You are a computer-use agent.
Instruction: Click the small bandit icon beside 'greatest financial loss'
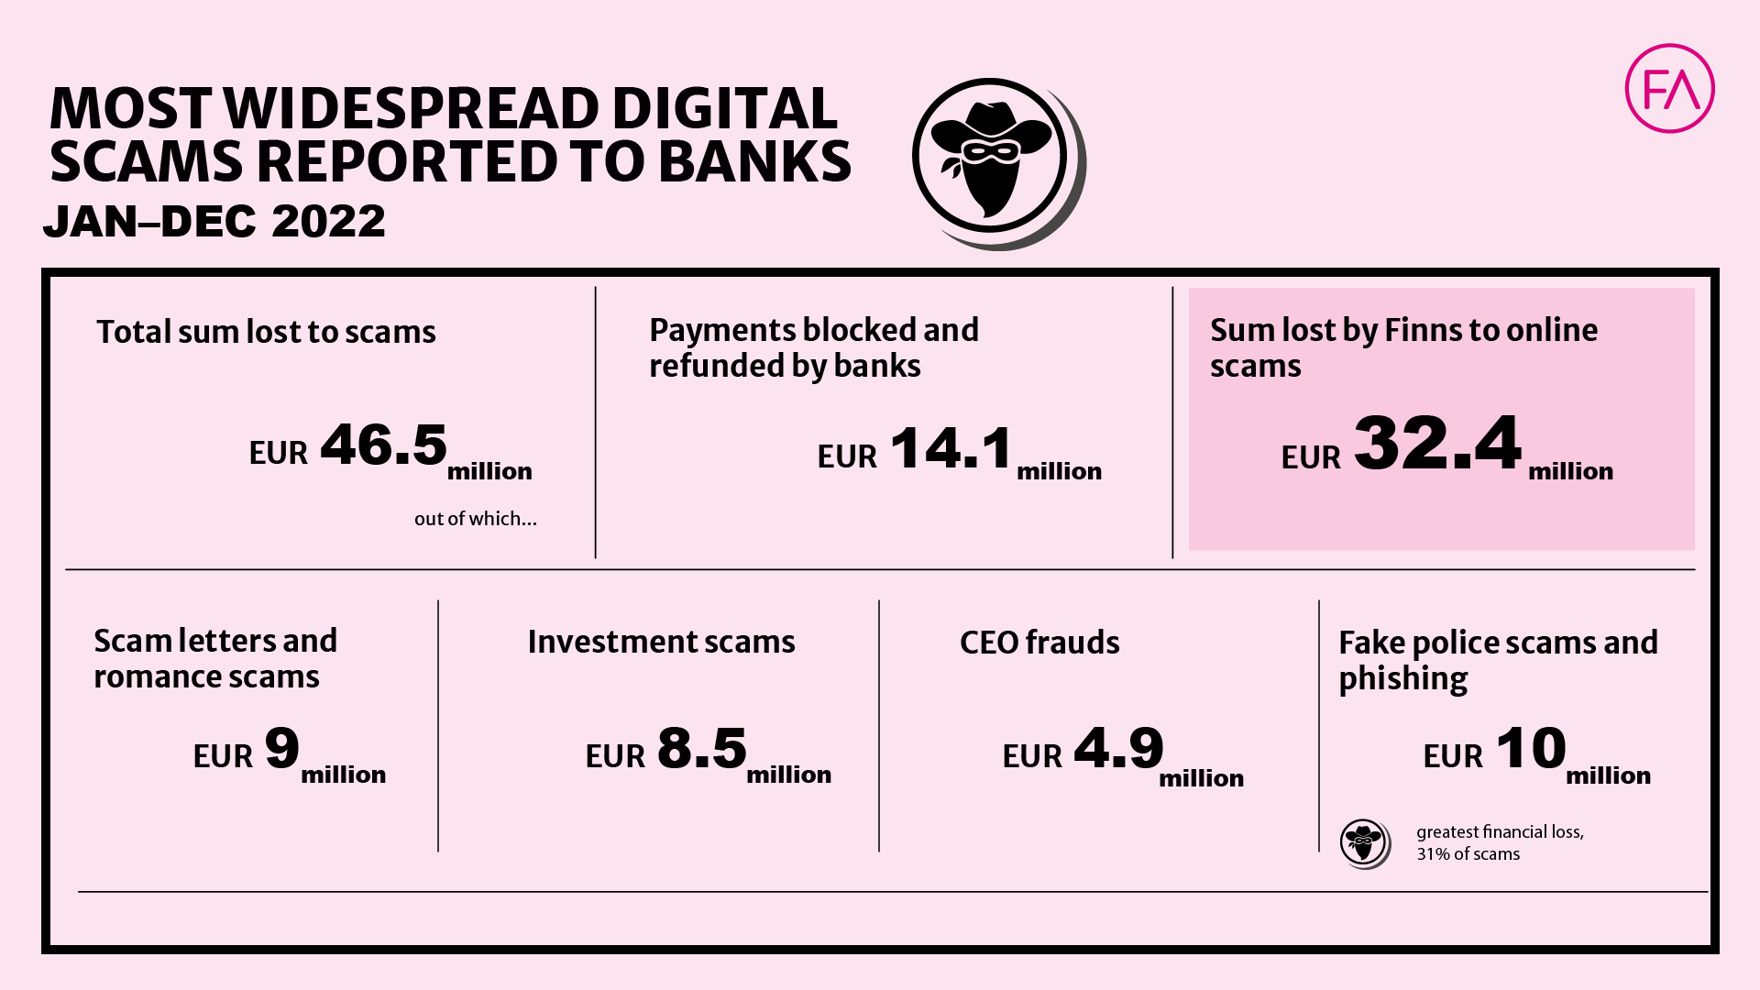pyautogui.click(x=1365, y=843)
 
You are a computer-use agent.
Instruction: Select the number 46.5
pyautogui.click(x=383, y=445)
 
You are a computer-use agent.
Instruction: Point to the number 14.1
pyautogui.click(x=951, y=448)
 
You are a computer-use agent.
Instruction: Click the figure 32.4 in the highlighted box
pyautogui.click(x=1437, y=443)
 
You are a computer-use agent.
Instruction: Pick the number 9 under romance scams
pyautogui.click(x=281, y=748)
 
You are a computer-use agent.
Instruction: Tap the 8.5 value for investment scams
pyautogui.click(x=702, y=748)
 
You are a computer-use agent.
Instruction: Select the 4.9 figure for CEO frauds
pyautogui.click(x=1118, y=748)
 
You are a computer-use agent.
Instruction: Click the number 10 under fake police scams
pyautogui.click(x=1531, y=748)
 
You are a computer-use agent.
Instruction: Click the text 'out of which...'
pyautogui.click(x=476, y=519)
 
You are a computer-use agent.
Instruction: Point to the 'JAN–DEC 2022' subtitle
pyautogui.click(x=214, y=221)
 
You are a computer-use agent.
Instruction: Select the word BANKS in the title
pyautogui.click(x=754, y=161)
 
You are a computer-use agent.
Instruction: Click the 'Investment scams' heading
pyautogui.click(x=662, y=642)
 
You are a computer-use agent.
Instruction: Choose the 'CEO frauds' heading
pyautogui.click(x=1039, y=643)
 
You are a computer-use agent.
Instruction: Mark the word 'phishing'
pyautogui.click(x=1403, y=680)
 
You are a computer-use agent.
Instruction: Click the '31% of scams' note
pyautogui.click(x=1468, y=854)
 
